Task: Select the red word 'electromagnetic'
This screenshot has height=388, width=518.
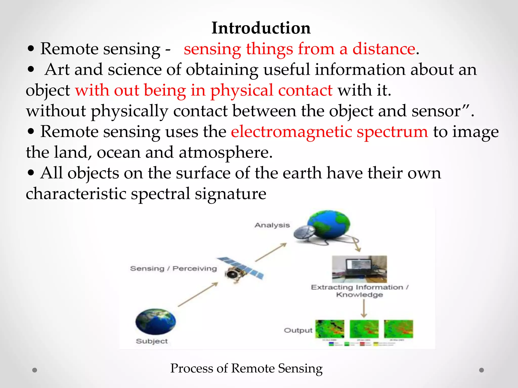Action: point(291,132)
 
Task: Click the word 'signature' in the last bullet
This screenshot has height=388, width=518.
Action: point(230,194)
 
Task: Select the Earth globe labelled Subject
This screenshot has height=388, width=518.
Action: point(155,321)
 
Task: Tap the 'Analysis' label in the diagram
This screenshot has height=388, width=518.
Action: point(272,225)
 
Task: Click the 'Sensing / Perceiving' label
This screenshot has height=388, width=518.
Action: point(173,268)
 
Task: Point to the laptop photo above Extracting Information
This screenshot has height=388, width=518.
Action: point(359,269)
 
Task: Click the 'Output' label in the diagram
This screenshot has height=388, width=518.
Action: point(298,330)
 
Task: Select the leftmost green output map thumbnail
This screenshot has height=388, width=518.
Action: point(330,329)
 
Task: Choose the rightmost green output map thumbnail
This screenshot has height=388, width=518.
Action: point(398,329)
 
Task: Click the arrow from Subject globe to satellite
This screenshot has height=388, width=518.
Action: point(198,294)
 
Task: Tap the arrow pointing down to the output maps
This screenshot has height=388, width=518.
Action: point(364,308)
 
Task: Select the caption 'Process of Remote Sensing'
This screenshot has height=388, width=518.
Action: point(246,368)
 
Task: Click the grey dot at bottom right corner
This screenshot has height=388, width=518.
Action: point(482,370)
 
